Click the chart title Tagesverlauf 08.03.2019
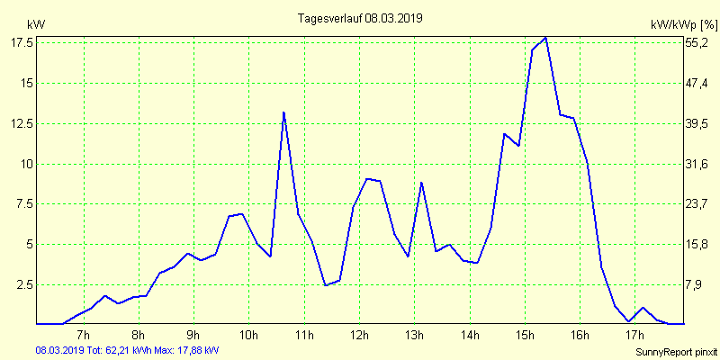pos(360,18)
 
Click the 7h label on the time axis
pos(84,337)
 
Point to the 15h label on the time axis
pos(524,337)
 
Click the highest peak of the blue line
pos(545,38)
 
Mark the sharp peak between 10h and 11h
pos(283,112)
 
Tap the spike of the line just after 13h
pos(421,183)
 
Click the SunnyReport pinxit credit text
pos(676,351)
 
